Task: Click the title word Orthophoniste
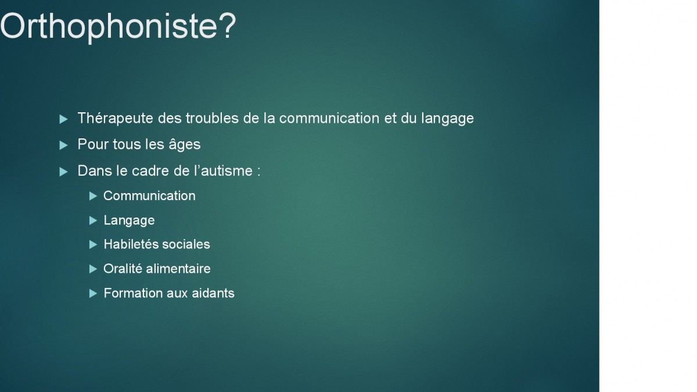pos(109,27)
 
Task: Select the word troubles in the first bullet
pos(212,119)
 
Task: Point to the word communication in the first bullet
pos(329,119)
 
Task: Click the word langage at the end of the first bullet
pos(447,119)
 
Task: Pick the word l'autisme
pos(223,171)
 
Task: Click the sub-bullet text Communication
pos(149,196)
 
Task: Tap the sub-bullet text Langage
pos(129,221)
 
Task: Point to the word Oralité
pos(123,269)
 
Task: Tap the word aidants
pos(213,293)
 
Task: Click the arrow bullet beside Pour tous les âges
pos(63,145)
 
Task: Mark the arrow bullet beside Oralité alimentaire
pos(93,269)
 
